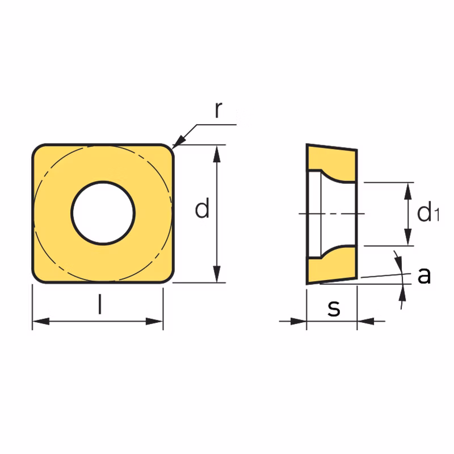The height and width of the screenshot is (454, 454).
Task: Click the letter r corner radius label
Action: point(218,110)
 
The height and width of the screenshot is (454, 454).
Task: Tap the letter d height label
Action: point(202,208)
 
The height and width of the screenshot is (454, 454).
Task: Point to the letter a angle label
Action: point(424,275)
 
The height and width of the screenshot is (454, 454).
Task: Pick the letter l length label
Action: point(100,304)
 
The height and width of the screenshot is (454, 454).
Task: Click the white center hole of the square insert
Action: point(103,213)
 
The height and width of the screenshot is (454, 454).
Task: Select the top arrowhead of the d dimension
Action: point(217,154)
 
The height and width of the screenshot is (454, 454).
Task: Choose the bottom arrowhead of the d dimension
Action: point(217,274)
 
